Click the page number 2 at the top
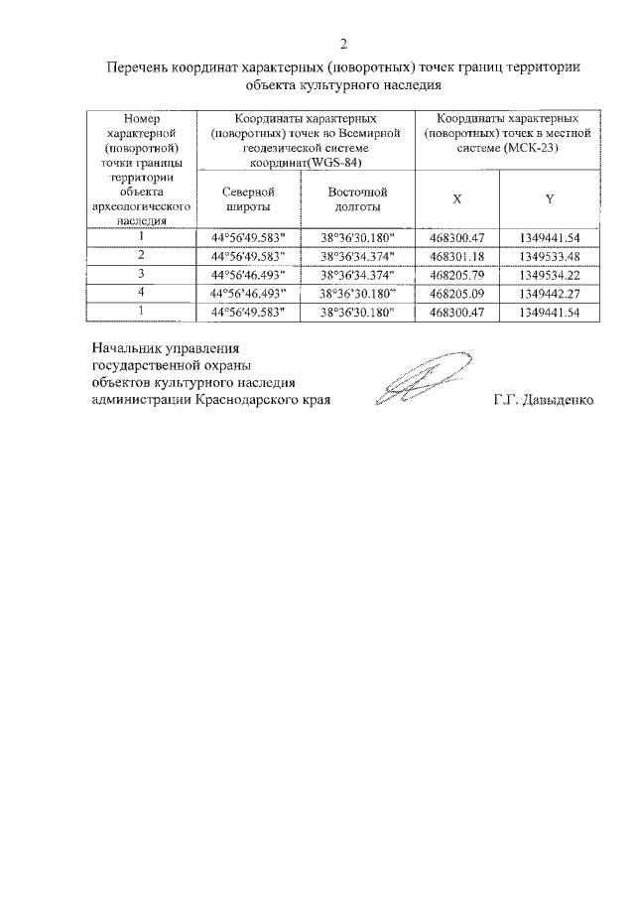pos(342,44)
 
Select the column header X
pos(456,198)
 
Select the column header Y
pos(549,198)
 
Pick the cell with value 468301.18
pos(456,256)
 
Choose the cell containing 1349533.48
pos(549,256)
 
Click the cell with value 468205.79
pos(456,275)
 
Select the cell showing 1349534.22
pos(549,275)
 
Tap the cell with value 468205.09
pos(456,294)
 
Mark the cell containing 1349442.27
pos(549,294)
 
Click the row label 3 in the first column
pos(141,274)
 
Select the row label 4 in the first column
pos(141,293)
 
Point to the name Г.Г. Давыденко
pos(543,401)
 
